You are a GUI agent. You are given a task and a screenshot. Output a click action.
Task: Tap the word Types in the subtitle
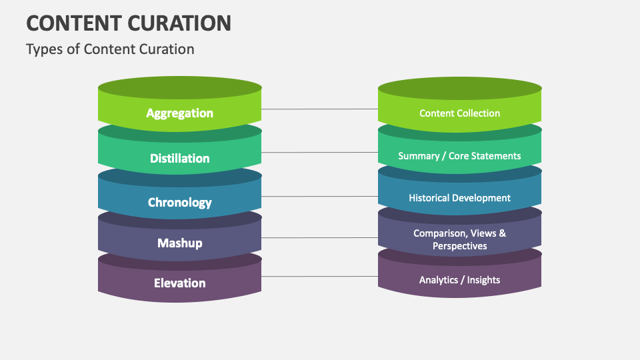(x=43, y=49)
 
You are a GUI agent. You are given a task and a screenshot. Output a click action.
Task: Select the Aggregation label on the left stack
(x=179, y=113)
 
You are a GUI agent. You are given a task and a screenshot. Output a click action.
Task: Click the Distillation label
(x=179, y=159)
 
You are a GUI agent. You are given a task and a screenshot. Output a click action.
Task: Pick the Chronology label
(x=179, y=203)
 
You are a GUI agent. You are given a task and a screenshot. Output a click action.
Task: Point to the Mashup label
(x=179, y=243)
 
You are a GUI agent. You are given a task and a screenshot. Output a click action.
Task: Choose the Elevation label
(x=179, y=283)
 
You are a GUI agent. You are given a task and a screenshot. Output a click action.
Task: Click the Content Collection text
(x=459, y=113)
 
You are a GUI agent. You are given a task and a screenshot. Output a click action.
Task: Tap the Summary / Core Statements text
(x=459, y=156)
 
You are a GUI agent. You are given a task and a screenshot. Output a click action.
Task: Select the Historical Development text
(x=459, y=198)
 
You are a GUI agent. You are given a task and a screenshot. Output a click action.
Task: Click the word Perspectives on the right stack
(x=459, y=246)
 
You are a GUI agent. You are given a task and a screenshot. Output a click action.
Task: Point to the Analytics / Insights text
(x=459, y=280)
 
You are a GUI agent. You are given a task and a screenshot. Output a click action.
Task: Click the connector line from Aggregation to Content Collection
(x=319, y=109)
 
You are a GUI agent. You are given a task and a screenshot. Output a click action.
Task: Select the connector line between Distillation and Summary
(x=319, y=153)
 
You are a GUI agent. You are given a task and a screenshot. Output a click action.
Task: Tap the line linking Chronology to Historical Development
(x=319, y=197)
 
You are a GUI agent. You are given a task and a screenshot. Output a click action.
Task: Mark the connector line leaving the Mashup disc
(x=319, y=237)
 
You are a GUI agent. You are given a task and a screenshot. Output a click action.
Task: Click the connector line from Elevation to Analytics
(x=319, y=276)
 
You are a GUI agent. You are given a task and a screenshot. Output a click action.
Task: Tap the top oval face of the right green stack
(x=459, y=89)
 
